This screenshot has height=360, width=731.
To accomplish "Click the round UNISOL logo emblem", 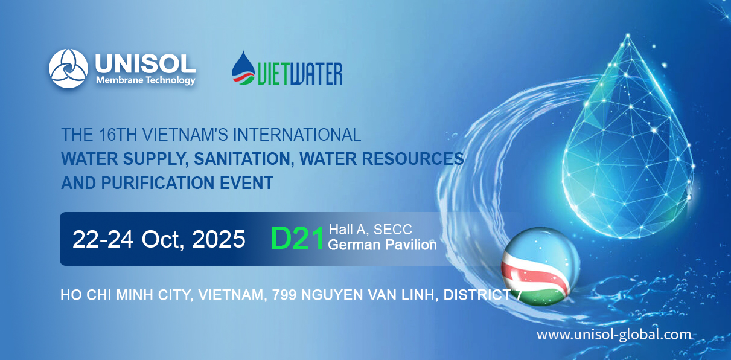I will (69, 69).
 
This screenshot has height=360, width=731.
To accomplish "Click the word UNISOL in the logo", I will (145, 63).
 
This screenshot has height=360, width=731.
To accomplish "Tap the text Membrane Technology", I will (145, 80).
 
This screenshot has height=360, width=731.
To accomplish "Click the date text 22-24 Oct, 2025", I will (159, 239).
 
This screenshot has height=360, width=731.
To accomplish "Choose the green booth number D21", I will (298, 238).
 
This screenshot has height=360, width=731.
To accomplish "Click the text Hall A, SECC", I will (370, 230).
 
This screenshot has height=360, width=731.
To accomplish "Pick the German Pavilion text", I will (381, 245).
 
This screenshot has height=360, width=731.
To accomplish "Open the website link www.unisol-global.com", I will (614, 335).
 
